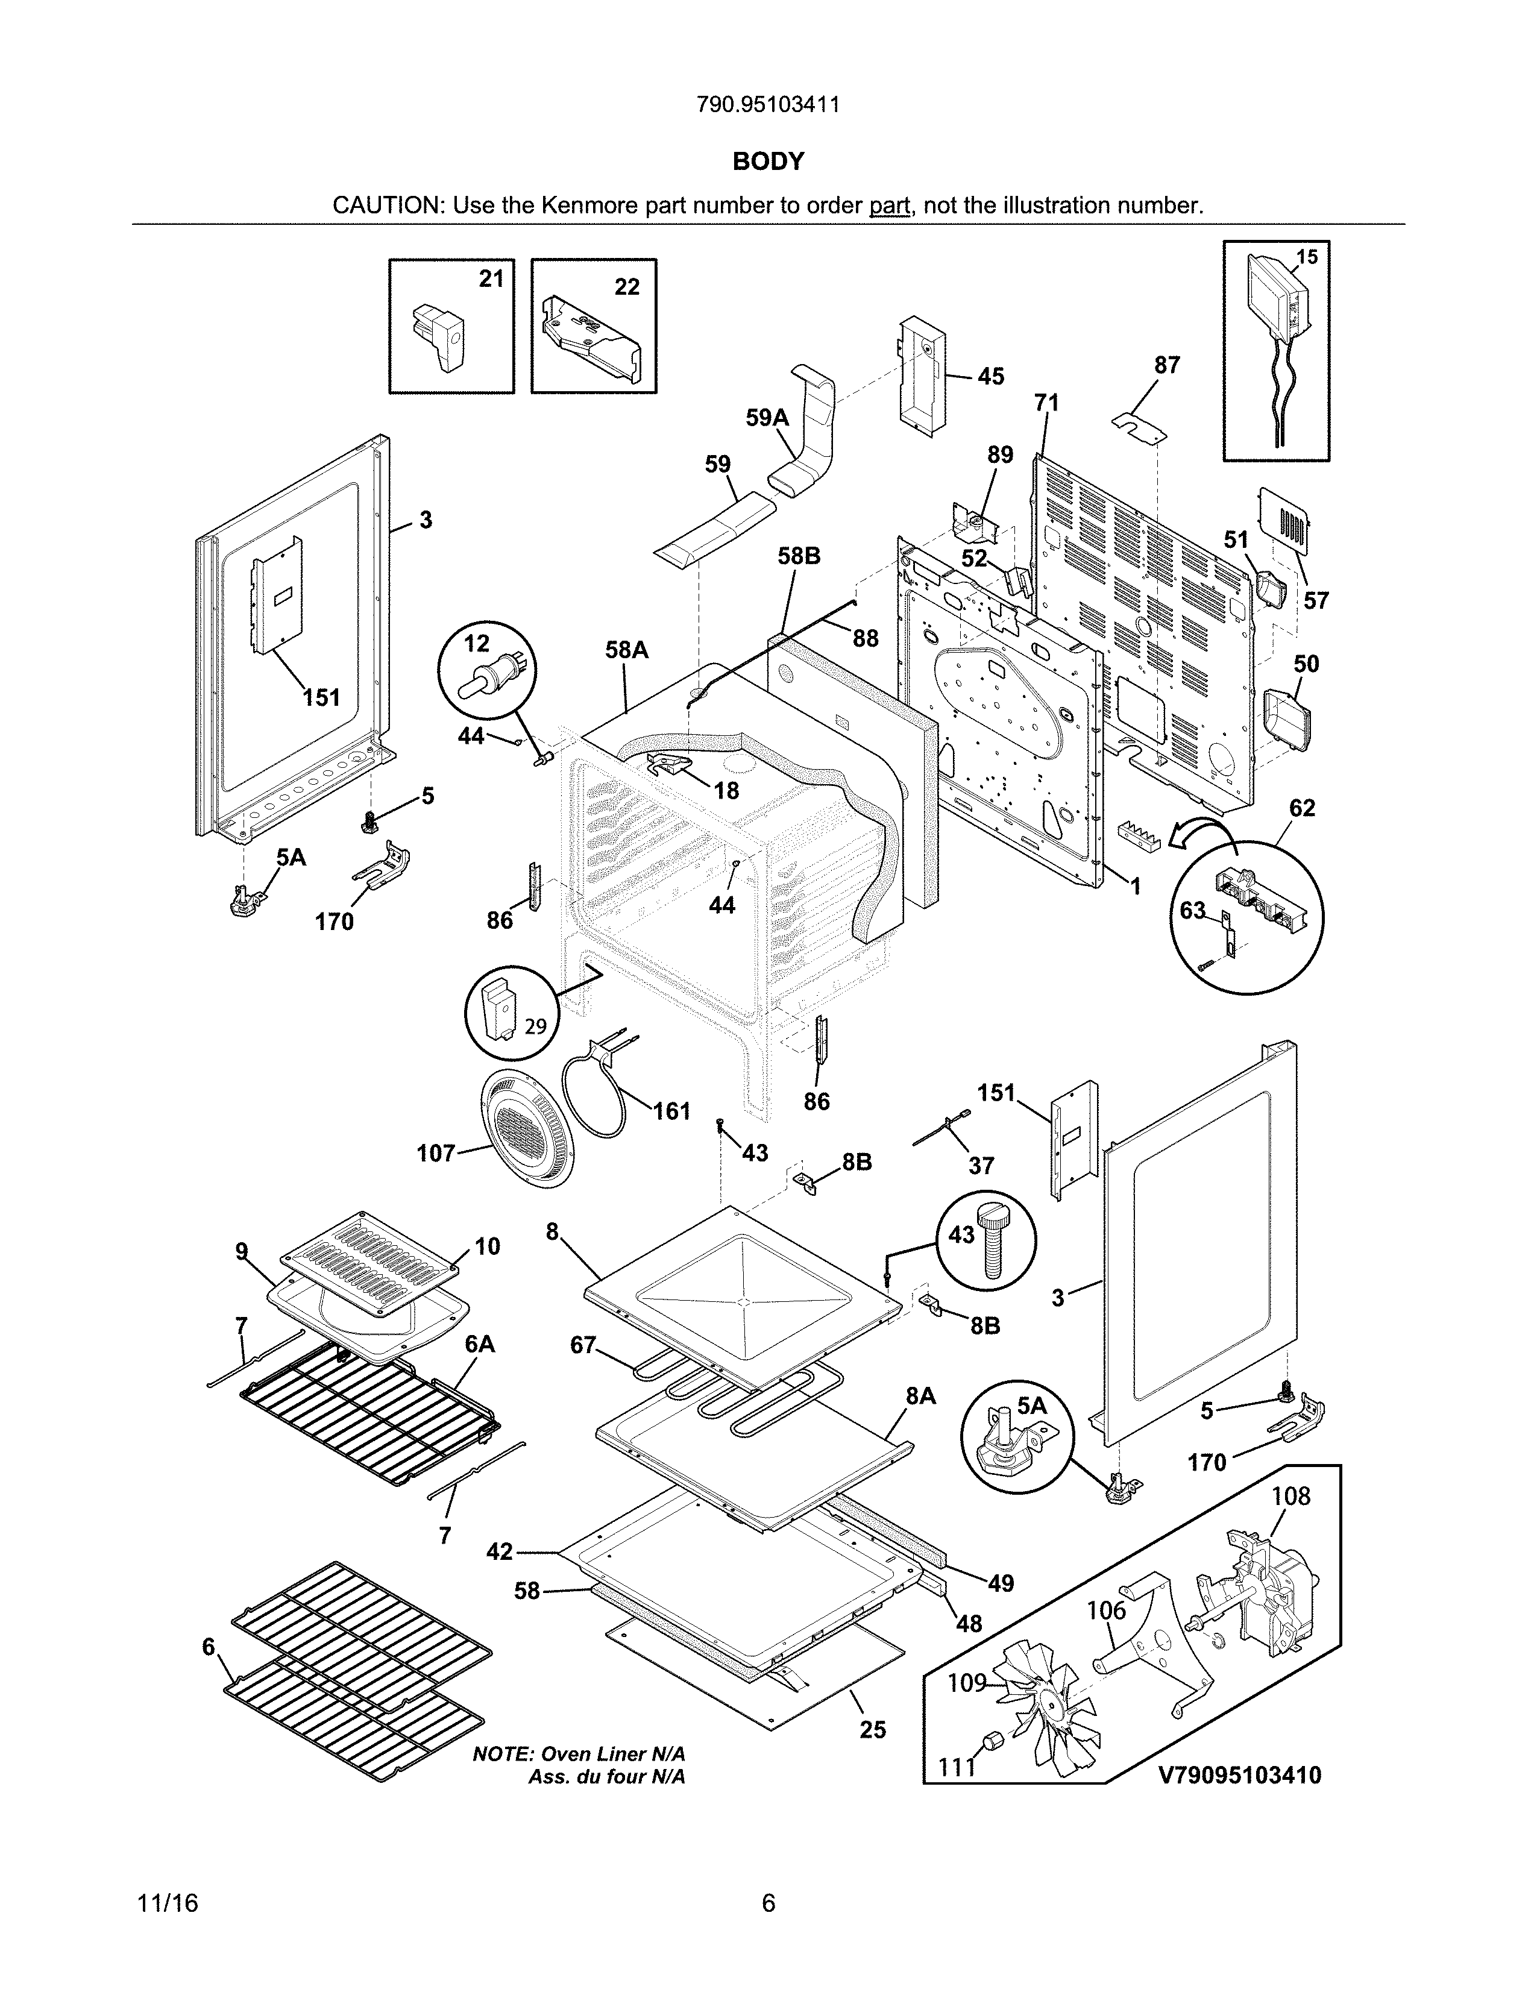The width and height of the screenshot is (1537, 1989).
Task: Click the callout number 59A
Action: click(x=767, y=418)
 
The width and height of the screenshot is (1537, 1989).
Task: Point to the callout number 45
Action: click(x=991, y=376)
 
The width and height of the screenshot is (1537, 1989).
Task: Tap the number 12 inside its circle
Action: click(x=476, y=644)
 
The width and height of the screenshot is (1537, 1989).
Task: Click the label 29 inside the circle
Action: click(x=535, y=1026)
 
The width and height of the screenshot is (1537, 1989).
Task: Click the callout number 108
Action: click(x=1290, y=1497)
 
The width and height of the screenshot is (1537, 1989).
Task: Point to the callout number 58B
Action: click(x=799, y=556)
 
